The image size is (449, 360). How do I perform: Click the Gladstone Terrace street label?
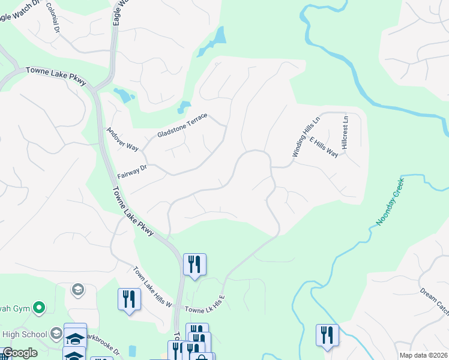pyautogui.click(x=182, y=125)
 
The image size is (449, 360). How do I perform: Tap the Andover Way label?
pyautogui.click(x=122, y=139)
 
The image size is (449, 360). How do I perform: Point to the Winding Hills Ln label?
pyautogui.click(x=307, y=137)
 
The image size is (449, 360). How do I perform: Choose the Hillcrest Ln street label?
pyautogui.click(x=345, y=133)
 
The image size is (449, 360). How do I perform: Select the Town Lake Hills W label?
pyautogui.click(x=152, y=287)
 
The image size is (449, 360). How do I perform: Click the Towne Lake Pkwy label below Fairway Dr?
pyautogui.click(x=133, y=211)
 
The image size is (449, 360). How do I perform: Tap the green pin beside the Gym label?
pyautogui.click(x=40, y=308)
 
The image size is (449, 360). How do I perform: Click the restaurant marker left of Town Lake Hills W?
pyautogui.click(x=129, y=298)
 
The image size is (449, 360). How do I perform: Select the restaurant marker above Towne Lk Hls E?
pyautogui.click(x=194, y=264)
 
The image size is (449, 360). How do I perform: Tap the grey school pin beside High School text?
pyautogui.click(x=56, y=334)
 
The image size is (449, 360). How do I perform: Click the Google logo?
pyautogui.click(x=19, y=353)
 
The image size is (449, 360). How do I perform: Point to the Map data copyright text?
pyautogui.click(x=423, y=355)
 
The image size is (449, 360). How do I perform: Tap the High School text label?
pyautogui.click(x=25, y=334)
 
